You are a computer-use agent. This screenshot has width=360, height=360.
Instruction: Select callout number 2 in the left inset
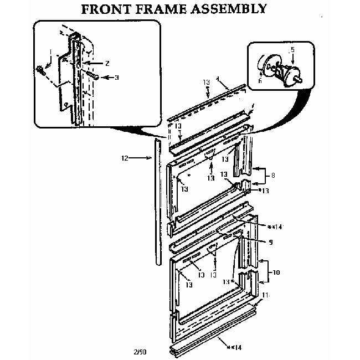coord(107,63)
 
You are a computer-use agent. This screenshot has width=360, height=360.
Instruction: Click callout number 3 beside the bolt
coord(117,78)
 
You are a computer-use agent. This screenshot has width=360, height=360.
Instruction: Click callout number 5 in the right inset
coord(292,49)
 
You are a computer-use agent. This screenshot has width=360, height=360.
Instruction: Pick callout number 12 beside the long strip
coord(125,158)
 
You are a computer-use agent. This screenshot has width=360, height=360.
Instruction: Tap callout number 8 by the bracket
coord(272,176)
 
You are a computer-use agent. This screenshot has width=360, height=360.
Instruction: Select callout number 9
coord(271,241)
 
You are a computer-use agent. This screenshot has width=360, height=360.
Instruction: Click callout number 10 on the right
coord(276,272)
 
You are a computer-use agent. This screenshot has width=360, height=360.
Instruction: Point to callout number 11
coord(266,295)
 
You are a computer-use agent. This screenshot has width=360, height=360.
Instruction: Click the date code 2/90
coord(140,351)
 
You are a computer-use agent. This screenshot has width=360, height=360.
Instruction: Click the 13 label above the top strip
coord(206,83)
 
